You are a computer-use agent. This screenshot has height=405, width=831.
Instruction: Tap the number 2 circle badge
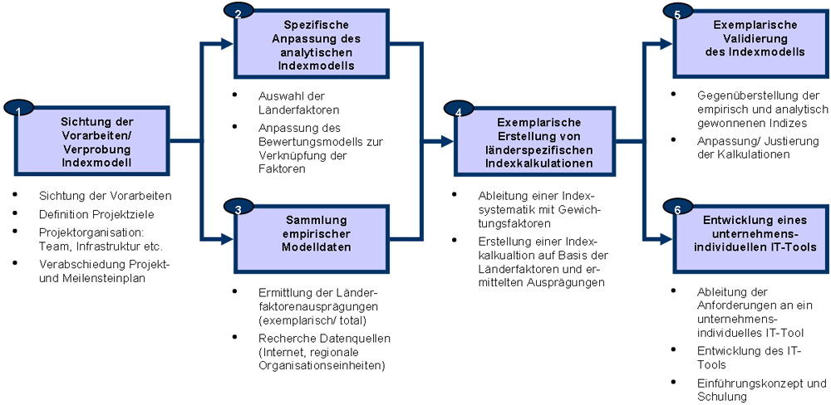tap(238, 12)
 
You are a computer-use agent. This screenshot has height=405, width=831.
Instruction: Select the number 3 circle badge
tap(238, 210)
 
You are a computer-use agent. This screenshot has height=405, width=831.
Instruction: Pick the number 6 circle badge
tap(676, 210)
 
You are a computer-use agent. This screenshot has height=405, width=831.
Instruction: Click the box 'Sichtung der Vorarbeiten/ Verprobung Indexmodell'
tap(97, 143)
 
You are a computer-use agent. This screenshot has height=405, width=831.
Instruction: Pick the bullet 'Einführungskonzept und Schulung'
tap(761, 390)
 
